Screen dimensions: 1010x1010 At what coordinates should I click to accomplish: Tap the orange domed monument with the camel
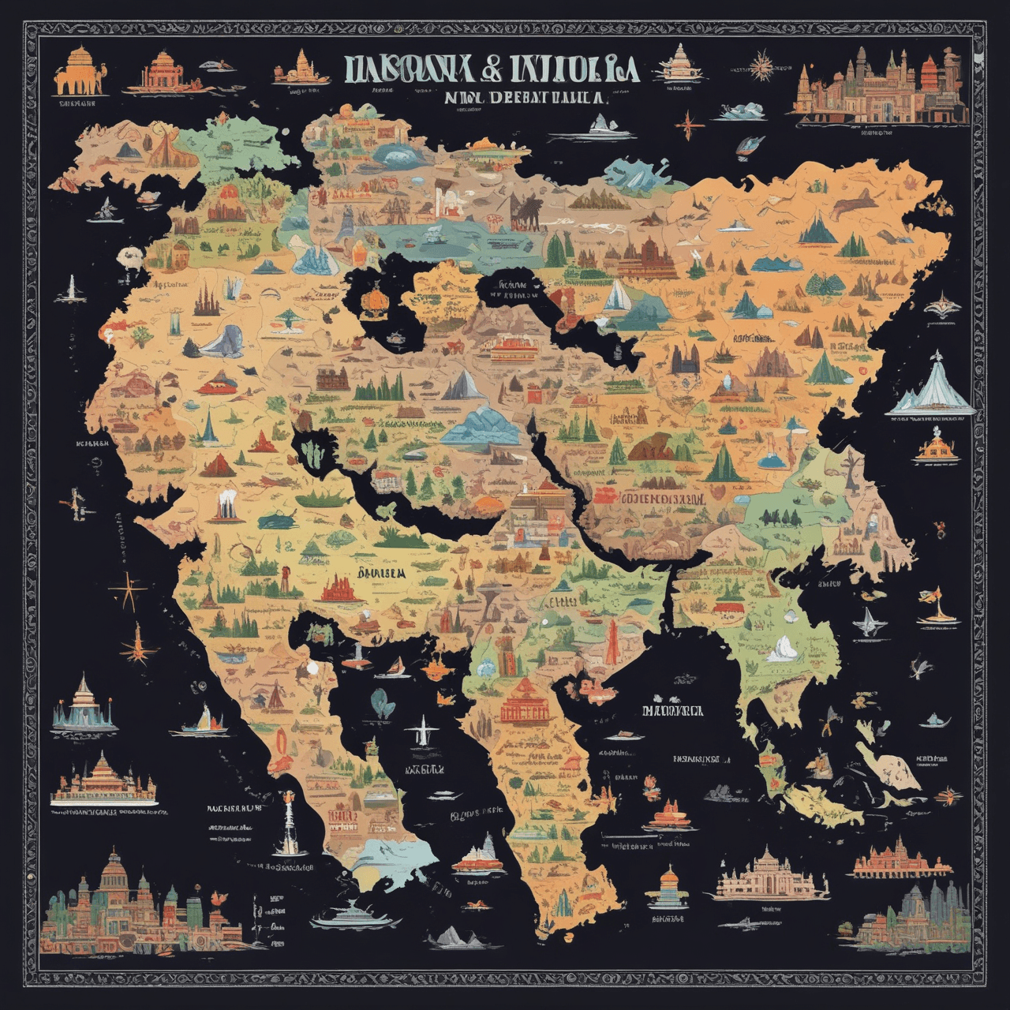click(x=79, y=73)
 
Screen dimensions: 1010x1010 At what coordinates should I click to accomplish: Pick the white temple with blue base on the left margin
click(x=84, y=704)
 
